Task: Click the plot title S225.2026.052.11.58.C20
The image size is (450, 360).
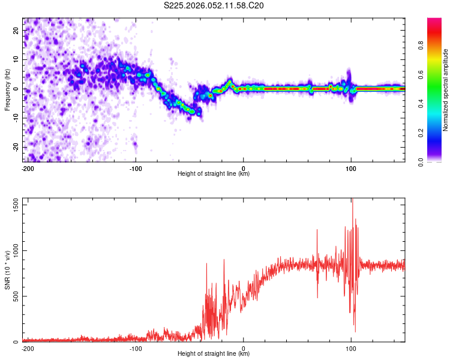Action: (x=214, y=6)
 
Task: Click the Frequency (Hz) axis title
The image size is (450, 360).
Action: (x=7, y=89)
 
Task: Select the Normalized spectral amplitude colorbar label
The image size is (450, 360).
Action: (x=446, y=89)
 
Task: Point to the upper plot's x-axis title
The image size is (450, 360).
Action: (x=214, y=173)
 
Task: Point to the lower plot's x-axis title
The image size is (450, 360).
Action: (x=214, y=353)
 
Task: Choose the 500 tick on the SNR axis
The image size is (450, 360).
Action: (x=15, y=296)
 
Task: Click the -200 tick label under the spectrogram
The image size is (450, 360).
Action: (x=27, y=168)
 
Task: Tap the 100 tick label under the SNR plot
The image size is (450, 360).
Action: (x=351, y=348)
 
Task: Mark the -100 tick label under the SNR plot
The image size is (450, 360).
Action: (x=136, y=348)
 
